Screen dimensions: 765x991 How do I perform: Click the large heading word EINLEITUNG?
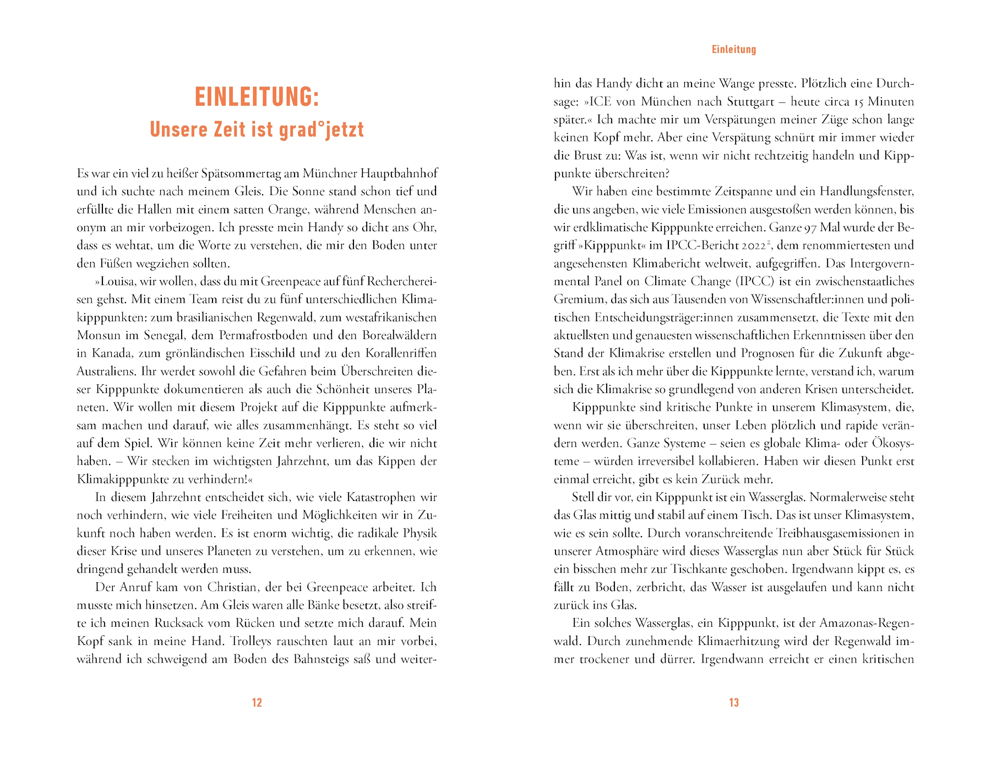click(x=257, y=97)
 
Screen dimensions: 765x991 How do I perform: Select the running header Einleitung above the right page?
click(x=733, y=50)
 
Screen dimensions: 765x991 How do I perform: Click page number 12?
click(x=257, y=702)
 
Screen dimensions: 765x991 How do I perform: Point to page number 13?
click(x=733, y=702)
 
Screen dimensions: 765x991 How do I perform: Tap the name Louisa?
click(x=118, y=282)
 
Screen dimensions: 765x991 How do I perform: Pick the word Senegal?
click(x=165, y=336)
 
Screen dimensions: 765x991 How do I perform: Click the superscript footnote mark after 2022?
click(x=767, y=242)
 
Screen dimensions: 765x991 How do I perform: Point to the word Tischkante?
click(x=699, y=569)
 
